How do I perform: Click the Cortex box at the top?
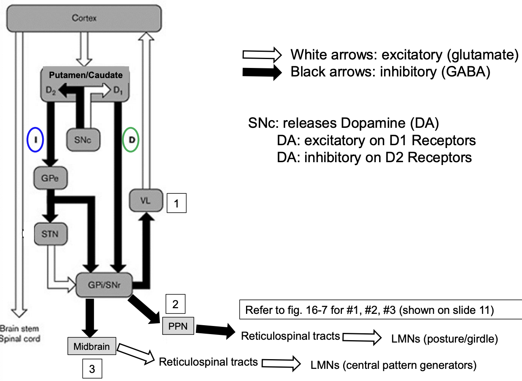(84, 19)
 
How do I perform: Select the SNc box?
(83, 140)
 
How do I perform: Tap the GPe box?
(50, 178)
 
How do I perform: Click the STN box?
(50, 234)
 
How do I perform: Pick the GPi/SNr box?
(104, 285)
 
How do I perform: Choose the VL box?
(145, 201)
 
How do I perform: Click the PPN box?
(178, 326)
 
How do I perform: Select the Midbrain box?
(91, 346)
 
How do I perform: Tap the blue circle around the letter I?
(35, 140)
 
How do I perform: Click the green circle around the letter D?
(131, 140)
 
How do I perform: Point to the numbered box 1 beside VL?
(176, 203)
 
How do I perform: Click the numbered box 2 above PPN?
(175, 304)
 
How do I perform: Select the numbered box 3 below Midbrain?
(92, 368)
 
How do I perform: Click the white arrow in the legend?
(261, 55)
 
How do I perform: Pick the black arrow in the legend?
(261, 72)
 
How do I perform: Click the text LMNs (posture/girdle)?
(444, 339)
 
